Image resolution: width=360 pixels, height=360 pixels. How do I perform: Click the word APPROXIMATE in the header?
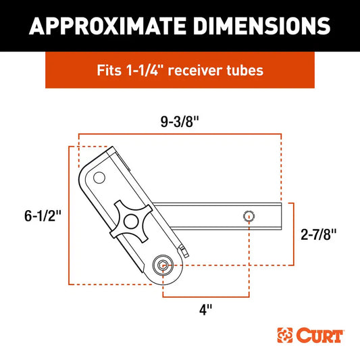pyautogui.click(x=109, y=25)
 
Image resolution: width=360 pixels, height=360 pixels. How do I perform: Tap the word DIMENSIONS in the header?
pyautogui.click(x=261, y=25)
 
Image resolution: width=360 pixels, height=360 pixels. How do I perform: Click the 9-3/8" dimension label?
pyautogui.click(x=180, y=123)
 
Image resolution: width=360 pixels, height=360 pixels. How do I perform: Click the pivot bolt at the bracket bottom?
pyautogui.click(x=162, y=266)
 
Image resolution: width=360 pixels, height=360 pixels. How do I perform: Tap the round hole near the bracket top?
pyautogui.click(x=99, y=178)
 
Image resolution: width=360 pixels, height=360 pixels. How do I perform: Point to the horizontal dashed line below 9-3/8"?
pyautogui.click(x=180, y=135)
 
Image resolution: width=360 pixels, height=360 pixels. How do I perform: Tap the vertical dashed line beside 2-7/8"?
pyautogui.click(x=293, y=234)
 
